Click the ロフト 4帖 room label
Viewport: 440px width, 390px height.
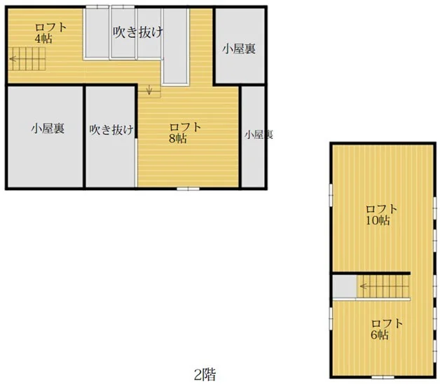50,33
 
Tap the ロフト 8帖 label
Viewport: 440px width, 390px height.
185,133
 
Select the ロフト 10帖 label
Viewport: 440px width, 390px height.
382,215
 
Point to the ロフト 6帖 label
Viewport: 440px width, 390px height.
387,329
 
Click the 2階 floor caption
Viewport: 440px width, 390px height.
205,375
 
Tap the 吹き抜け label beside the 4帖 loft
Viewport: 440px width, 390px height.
138,32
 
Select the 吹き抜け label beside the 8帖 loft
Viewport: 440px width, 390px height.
111,130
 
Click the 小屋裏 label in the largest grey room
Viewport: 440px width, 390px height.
48,128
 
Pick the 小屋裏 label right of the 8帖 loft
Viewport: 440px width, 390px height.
259,135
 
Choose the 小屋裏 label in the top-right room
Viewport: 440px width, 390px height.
239,49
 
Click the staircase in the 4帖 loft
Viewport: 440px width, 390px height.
27,59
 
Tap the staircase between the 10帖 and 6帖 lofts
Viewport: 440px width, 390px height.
383,286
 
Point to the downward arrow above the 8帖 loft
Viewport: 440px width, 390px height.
149,89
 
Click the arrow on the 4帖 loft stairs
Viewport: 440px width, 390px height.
13,59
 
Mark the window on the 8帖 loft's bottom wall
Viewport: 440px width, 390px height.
188,189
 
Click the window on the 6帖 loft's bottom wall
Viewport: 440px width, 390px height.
383,377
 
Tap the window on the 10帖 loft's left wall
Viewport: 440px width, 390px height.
331,196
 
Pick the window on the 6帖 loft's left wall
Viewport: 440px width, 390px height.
331,318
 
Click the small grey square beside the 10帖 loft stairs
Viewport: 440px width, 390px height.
345,286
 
